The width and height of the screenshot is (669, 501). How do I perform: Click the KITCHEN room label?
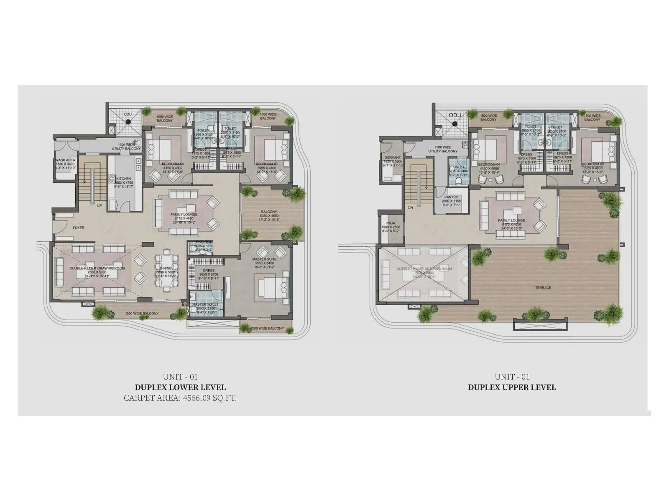(x=123, y=179)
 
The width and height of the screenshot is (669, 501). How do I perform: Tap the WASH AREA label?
(x=65, y=160)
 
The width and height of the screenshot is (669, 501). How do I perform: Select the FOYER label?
(x=78, y=228)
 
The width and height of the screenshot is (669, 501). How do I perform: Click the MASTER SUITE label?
(x=264, y=259)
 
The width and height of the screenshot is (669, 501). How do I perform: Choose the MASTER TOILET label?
(x=203, y=304)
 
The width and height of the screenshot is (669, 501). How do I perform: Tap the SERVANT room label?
(x=393, y=158)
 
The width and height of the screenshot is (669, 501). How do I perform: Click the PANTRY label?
(x=451, y=197)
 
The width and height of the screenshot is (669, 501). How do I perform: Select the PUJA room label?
(x=391, y=223)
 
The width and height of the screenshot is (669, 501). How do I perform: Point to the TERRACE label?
(x=543, y=288)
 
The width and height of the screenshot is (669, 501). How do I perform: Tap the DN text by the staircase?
(x=410, y=207)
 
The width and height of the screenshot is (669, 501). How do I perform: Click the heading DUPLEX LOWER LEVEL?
(x=180, y=387)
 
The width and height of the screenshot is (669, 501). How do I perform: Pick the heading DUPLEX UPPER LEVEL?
(x=512, y=387)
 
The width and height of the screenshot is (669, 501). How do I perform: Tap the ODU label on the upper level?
(x=455, y=115)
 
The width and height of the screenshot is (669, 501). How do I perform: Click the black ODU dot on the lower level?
(x=128, y=121)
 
